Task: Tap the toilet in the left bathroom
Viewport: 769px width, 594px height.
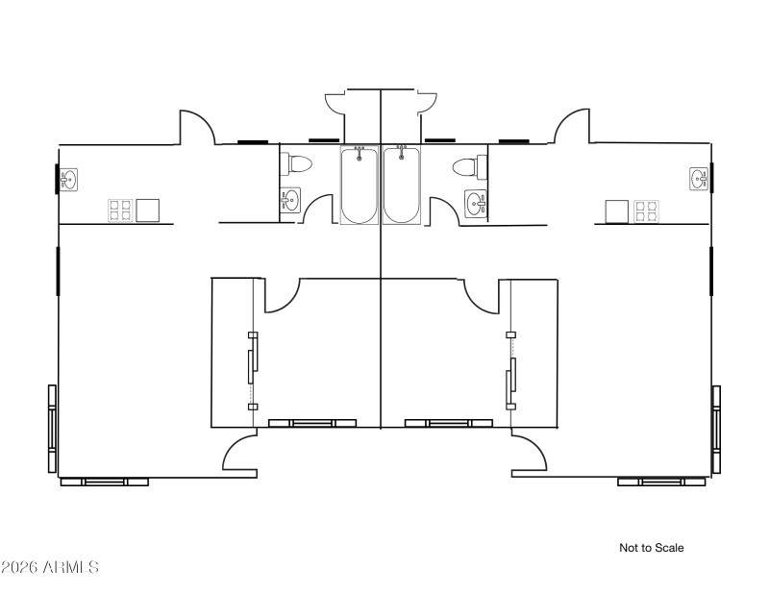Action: (x=297, y=164)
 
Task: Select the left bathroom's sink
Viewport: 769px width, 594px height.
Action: (x=290, y=200)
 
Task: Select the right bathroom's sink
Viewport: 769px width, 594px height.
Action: (x=474, y=203)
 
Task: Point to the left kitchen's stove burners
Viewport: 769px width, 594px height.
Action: (x=119, y=210)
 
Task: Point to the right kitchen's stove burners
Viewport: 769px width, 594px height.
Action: (x=645, y=210)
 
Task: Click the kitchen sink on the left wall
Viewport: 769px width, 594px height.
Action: (x=69, y=179)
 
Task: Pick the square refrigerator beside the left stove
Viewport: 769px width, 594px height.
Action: (x=147, y=210)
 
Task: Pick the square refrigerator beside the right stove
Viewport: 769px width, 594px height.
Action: (x=616, y=210)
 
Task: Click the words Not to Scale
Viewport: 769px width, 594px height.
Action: (x=652, y=548)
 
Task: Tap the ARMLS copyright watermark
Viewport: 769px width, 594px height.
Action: (x=50, y=567)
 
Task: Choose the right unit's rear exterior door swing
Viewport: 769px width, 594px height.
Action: (x=571, y=126)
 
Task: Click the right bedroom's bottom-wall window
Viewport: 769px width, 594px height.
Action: (x=449, y=423)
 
